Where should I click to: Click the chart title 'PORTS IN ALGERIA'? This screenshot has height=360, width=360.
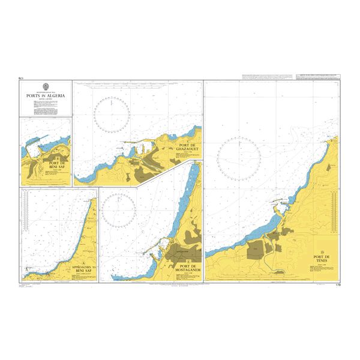point(46,95)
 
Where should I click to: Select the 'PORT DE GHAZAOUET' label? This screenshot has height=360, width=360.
point(188,148)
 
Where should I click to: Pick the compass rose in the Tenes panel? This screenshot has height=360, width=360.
point(239,158)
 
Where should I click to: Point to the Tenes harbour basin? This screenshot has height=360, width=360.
point(280,209)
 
